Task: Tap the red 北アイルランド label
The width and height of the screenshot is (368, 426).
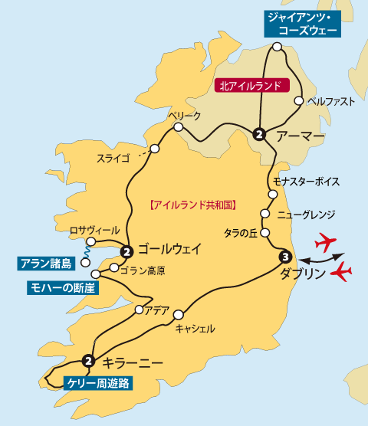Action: (x=248, y=87)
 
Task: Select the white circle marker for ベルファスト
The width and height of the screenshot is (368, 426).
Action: (x=298, y=100)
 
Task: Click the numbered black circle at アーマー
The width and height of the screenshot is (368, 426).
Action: (x=260, y=135)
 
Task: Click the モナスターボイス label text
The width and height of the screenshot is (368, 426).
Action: (x=306, y=182)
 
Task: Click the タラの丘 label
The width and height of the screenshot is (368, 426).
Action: (x=241, y=232)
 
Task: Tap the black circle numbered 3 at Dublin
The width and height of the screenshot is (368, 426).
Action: (x=285, y=257)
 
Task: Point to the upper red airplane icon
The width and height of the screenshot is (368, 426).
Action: (x=327, y=244)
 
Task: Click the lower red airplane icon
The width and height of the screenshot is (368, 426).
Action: (x=342, y=271)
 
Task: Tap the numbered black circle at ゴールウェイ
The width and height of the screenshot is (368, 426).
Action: (x=127, y=250)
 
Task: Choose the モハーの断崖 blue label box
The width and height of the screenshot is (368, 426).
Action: (x=53, y=287)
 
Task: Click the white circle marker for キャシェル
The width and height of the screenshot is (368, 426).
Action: (x=179, y=314)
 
